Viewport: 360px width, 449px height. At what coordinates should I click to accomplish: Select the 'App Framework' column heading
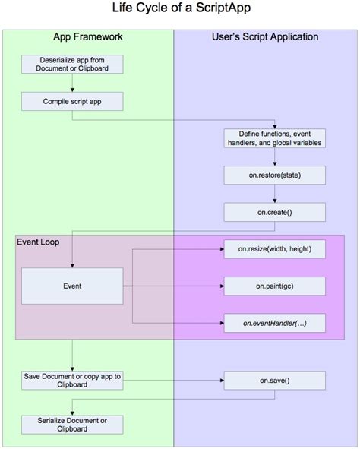click(88, 36)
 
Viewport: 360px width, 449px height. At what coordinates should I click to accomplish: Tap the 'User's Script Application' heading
click(264, 36)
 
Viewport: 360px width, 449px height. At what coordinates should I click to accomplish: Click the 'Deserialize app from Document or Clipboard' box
click(72, 65)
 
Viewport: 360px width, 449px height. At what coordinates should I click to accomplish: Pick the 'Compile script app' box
click(72, 100)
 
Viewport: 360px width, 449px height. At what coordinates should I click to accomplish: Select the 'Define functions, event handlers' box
click(274, 138)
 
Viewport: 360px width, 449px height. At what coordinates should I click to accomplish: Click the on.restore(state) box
click(274, 175)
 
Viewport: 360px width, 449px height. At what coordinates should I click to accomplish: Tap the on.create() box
click(274, 211)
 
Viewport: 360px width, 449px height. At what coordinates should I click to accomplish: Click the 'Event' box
click(72, 286)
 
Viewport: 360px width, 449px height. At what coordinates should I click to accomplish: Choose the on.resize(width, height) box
click(274, 249)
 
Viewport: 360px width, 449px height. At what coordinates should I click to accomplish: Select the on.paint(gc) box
click(274, 286)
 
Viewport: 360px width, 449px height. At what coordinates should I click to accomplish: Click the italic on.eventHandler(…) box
click(274, 323)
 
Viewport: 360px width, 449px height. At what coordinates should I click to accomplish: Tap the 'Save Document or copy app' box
click(72, 381)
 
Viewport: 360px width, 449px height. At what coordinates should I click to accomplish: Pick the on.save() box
click(274, 381)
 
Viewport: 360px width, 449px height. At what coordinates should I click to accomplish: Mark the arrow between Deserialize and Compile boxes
click(72, 83)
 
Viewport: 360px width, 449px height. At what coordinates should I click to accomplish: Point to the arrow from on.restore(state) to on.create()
click(274, 194)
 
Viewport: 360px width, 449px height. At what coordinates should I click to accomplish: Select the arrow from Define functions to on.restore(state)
click(274, 157)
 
